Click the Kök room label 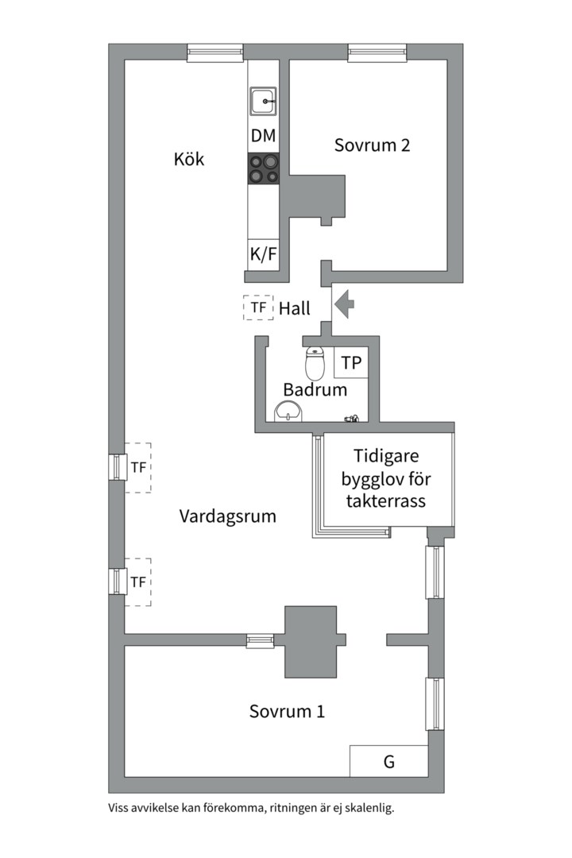tap(189, 159)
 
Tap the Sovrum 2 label tap(372, 145)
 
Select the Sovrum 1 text tap(287, 711)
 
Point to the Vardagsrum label tap(227, 516)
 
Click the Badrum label tap(315, 390)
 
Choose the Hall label tap(294, 309)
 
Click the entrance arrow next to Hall tap(343, 304)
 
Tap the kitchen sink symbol tap(263, 101)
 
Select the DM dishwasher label tap(263, 137)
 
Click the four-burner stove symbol tap(263, 168)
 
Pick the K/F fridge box tap(263, 255)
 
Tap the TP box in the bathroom tap(351, 363)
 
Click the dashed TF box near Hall tap(257, 307)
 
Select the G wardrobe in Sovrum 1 tap(388, 762)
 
